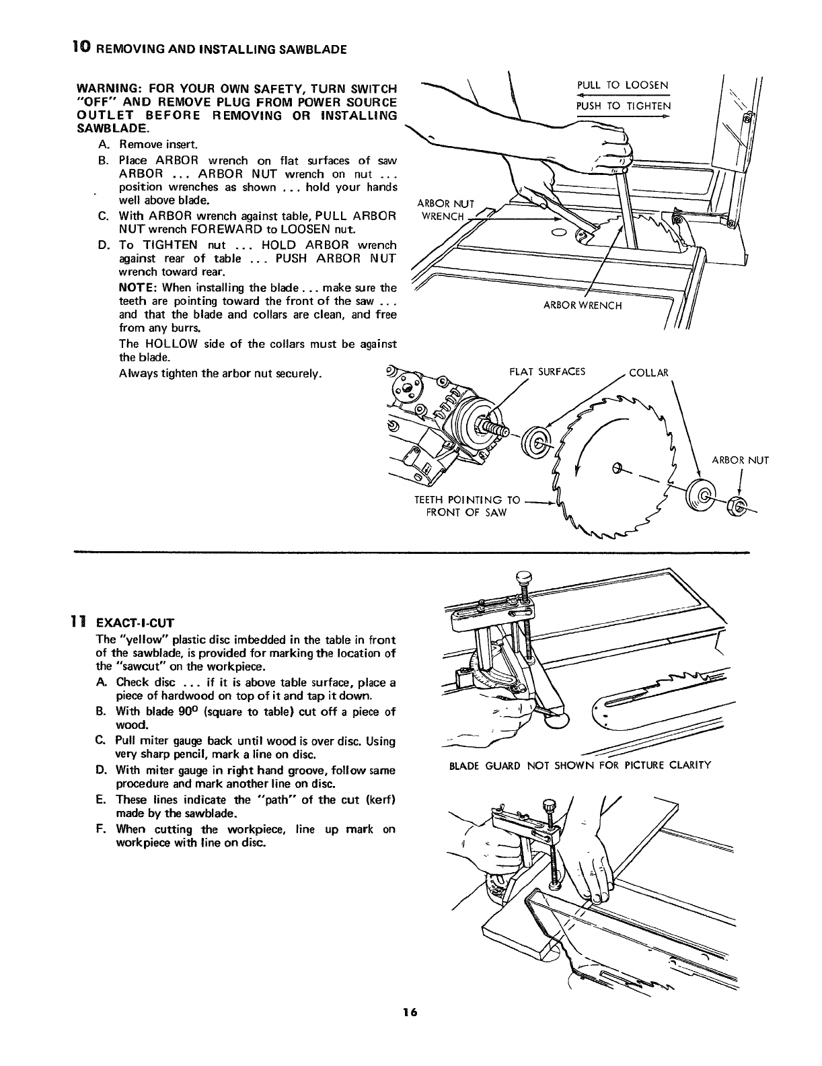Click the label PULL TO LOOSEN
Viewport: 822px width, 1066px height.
[x=622, y=85]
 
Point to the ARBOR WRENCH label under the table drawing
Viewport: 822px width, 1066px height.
[x=583, y=306]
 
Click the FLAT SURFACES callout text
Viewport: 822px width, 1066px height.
[x=548, y=371]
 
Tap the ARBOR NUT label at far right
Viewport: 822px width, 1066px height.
[x=740, y=461]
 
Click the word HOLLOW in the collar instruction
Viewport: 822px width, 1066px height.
[x=170, y=345]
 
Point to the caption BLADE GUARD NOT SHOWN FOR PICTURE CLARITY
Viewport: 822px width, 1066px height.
[x=578, y=765]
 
